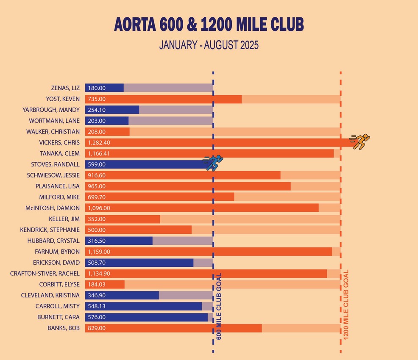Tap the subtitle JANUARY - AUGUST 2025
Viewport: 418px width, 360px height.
(209, 45)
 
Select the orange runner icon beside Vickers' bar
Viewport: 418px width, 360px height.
(360, 141)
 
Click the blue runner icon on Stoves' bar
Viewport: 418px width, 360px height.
(214, 162)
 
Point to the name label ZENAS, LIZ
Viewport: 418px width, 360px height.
(64, 88)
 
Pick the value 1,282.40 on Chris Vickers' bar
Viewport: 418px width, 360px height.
(99, 143)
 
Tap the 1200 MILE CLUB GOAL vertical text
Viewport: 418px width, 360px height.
(346, 304)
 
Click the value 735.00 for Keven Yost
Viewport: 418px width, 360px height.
(97, 99)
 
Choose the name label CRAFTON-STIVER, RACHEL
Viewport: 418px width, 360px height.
(45, 274)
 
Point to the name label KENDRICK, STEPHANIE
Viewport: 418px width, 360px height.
(50, 230)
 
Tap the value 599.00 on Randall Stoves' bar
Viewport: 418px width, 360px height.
(97, 165)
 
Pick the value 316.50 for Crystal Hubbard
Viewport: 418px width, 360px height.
(97, 241)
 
